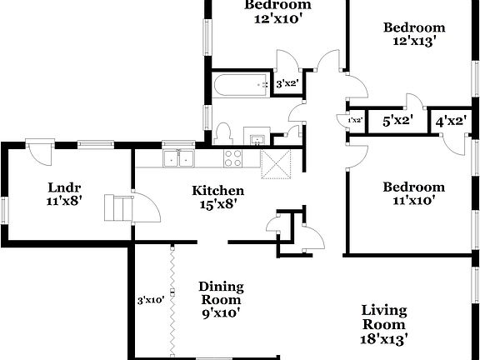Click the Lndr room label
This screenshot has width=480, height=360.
pos(63,187)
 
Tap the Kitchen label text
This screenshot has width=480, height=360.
pos(218,190)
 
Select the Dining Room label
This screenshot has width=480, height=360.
pos(220,293)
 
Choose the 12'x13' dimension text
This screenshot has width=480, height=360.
pos(410,39)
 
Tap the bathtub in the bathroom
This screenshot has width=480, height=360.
pos(238,84)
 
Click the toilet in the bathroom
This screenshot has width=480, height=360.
pos(222,134)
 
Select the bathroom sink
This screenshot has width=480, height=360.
pos(257,137)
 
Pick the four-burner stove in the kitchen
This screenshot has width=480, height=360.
pos(232,157)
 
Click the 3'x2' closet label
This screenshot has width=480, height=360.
pos(287,83)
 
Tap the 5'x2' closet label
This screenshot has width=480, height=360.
pos(397,122)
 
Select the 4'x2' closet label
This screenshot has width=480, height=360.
pos(451,122)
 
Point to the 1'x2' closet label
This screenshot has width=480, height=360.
pos(355,121)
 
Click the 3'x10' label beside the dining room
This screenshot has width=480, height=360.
pos(151,300)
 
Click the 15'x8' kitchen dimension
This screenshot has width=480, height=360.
pos(218,204)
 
